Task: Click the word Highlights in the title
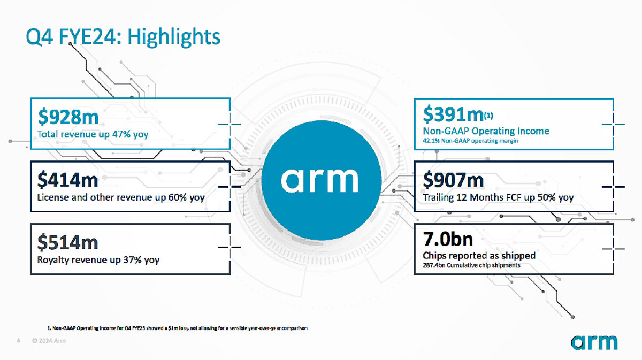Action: tap(174, 37)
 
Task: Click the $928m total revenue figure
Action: tap(68, 117)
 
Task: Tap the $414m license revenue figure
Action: tap(67, 180)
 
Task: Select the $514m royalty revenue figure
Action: tap(67, 242)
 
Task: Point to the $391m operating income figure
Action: tap(454, 114)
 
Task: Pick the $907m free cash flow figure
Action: tap(454, 180)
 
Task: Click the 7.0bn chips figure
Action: tap(448, 239)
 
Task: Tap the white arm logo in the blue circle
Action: tap(319, 180)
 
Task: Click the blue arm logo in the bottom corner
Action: tap(594, 342)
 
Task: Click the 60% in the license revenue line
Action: tap(178, 197)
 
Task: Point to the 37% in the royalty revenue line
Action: tap(133, 259)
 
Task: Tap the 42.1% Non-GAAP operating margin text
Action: tap(471, 141)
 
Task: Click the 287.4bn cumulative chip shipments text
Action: tap(471, 265)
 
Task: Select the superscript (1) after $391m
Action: tap(488, 116)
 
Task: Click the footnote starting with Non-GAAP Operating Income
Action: tap(178, 328)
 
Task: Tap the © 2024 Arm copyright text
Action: tap(49, 341)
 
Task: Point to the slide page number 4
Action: tap(19, 341)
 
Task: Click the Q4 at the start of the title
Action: tap(39, 37)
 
